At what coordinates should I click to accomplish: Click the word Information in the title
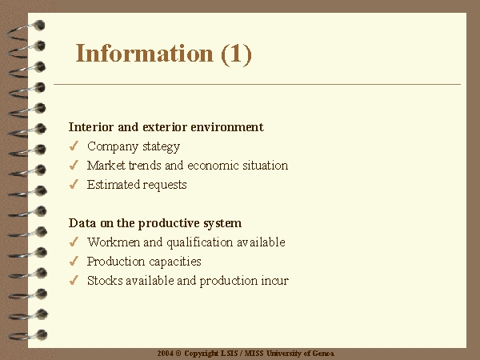(x=144, y=53)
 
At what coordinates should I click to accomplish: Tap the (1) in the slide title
(x=236, y=54)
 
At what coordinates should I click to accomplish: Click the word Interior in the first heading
(x=91, y=126)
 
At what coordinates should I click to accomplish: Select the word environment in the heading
(x=227, y=126)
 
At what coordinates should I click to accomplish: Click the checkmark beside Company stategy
(x=74, y=146)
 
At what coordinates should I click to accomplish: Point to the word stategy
(x=162, y=146)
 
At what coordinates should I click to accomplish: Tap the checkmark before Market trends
(x=74, y=165)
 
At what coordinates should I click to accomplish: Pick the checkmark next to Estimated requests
(x=74, y=184)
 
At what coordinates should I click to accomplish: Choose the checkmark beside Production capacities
(x=74, y=261)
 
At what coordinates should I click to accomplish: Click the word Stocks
(x=105, y=281)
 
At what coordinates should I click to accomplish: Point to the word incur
(x=274, y=281)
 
